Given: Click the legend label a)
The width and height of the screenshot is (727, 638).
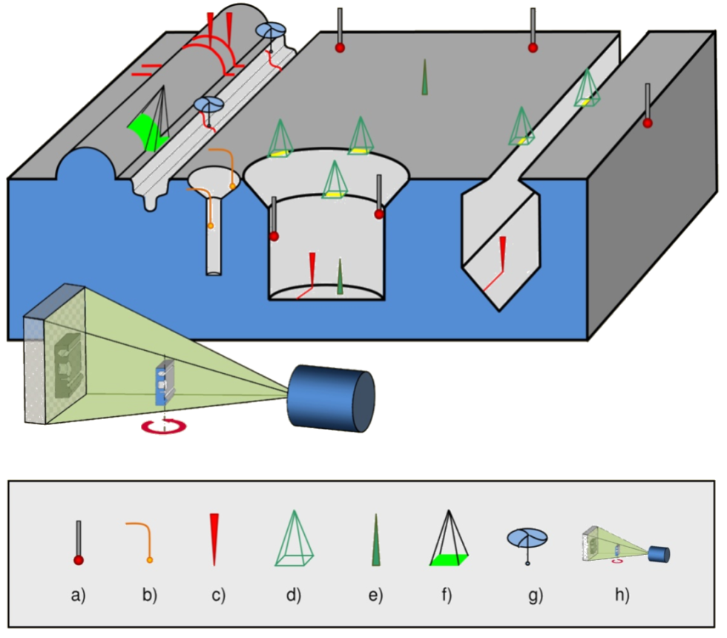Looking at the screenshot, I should point(78,594).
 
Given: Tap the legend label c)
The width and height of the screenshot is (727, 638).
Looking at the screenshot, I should point(217,594).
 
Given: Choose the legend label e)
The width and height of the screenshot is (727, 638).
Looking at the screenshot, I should point(375,594).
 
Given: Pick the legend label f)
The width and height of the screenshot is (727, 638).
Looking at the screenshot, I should point(447,594).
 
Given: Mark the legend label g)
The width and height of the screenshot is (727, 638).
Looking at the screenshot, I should point(535,594).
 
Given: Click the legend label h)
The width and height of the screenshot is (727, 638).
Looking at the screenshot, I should point(622,594).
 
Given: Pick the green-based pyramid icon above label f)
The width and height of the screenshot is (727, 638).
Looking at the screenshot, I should point(448,542).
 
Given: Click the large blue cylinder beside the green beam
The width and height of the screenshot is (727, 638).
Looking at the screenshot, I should point(332,396).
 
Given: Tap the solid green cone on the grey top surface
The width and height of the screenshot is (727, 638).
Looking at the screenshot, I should point(425,79).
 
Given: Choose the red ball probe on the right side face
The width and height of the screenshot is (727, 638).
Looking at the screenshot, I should point(648,122).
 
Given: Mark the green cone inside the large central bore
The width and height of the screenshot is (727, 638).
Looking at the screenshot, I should point(340,278).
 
